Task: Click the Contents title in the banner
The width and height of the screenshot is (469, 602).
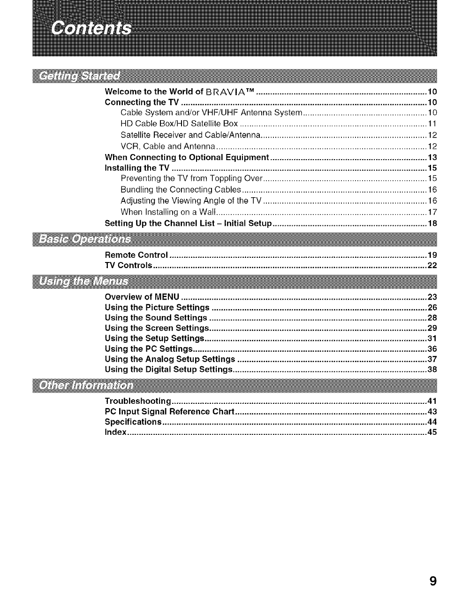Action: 92,28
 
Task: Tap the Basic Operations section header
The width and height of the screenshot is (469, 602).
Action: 85,239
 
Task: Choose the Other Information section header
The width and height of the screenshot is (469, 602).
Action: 86,386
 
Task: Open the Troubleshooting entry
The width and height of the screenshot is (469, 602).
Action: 137,401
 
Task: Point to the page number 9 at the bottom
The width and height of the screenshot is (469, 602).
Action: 432,581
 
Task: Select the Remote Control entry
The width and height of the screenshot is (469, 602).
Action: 136,255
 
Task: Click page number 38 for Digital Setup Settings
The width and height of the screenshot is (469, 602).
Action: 432,370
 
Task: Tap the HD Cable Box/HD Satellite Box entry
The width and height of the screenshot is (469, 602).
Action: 179,123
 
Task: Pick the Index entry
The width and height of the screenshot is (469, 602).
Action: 115,432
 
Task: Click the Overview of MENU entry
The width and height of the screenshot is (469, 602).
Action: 142,297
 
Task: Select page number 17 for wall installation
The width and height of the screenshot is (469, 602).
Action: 432,212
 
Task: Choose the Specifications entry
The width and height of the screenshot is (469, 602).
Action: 133,422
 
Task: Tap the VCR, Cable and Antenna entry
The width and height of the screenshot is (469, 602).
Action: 167,146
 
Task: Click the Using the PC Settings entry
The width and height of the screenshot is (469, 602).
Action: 149,349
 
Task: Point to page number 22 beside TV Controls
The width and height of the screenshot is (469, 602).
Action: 432,265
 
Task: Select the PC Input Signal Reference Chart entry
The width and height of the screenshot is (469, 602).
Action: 169,411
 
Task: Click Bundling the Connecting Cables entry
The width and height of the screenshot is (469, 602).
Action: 181,190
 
